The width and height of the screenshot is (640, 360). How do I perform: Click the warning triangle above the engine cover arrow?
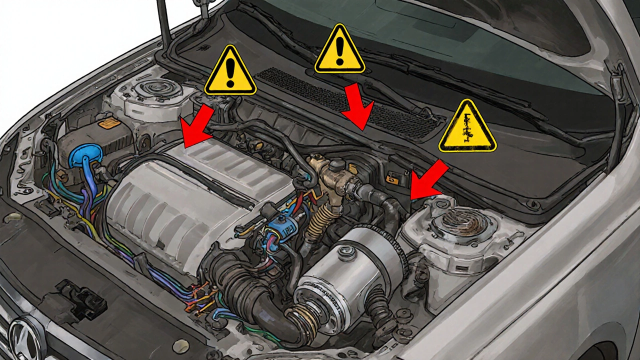[230, 71]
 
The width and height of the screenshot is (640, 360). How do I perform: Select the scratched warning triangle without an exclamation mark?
[467, 127]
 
